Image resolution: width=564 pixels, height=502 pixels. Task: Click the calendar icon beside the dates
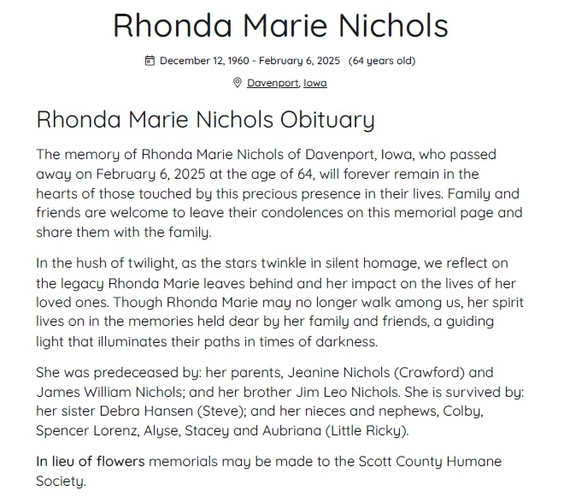pos(150,61)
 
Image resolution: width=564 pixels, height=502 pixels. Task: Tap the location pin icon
pos(238,83)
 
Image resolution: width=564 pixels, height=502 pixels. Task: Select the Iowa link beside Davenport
pos(315,83)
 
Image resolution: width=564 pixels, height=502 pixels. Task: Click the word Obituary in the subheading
pos(324,120)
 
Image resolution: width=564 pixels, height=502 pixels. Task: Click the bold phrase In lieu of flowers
pos(91,462)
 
